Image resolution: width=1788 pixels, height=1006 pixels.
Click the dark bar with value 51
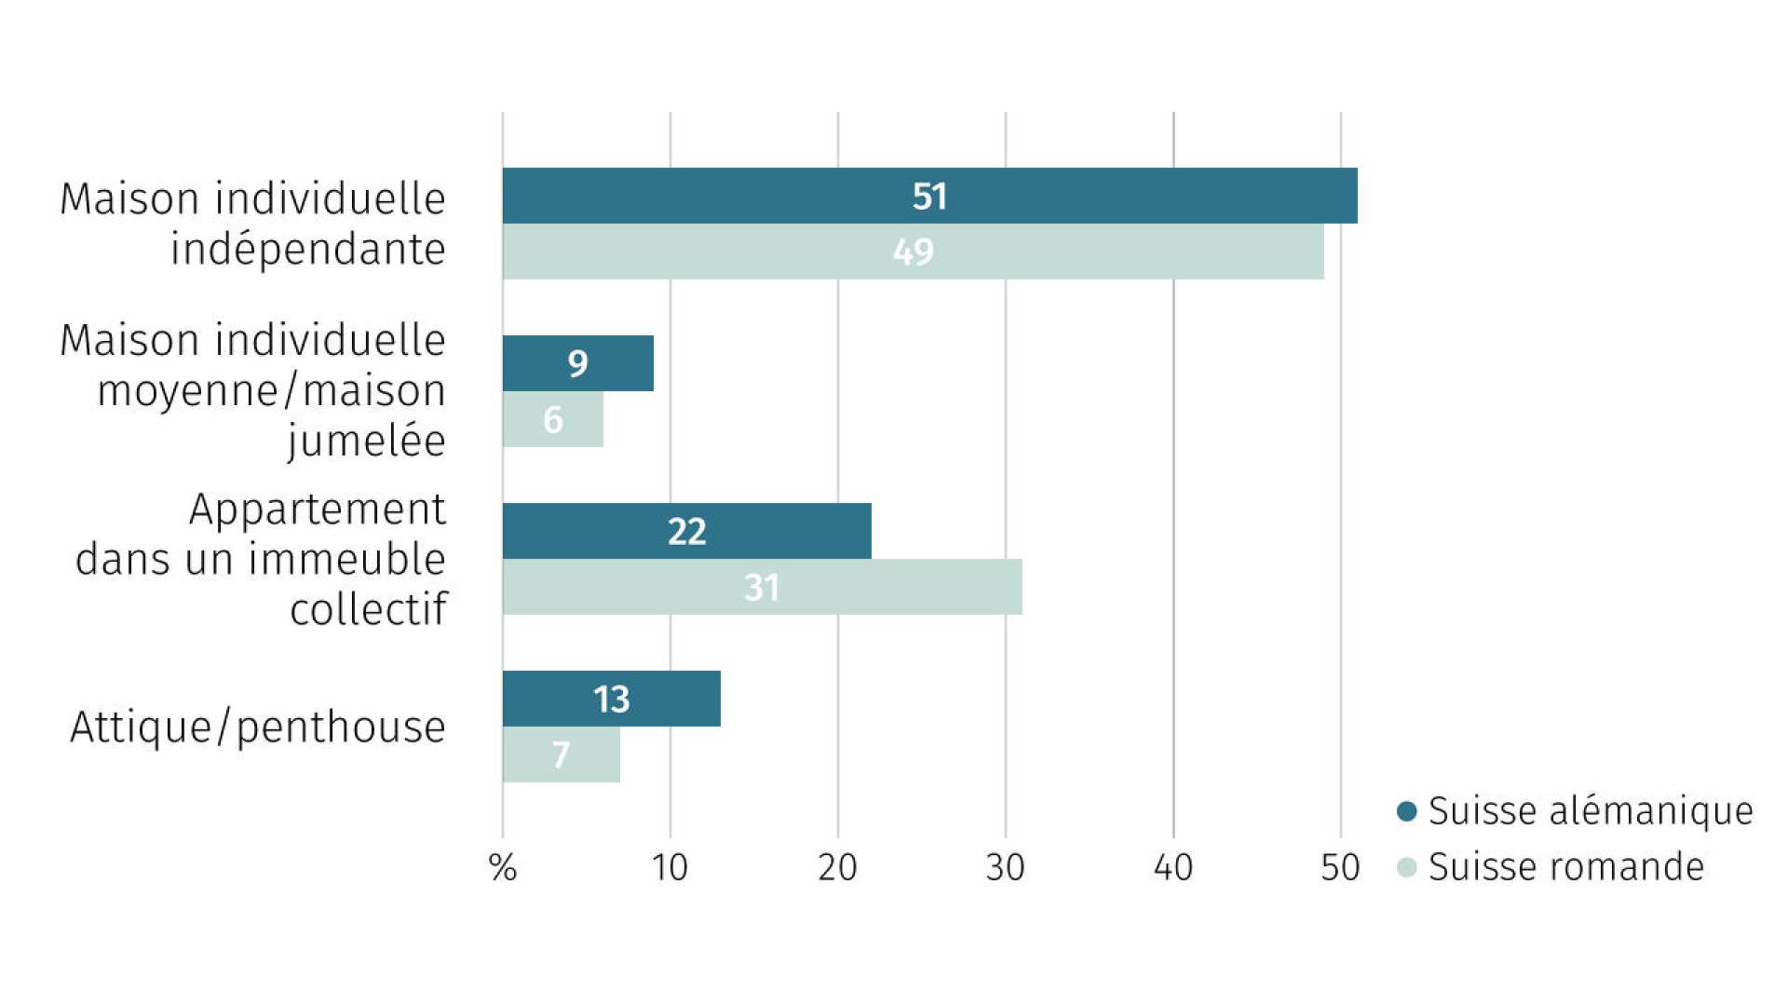tap(929, 196)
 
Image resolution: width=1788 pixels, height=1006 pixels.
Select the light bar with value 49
tap(913, 251)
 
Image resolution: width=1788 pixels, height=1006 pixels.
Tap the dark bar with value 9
tap(578, 363)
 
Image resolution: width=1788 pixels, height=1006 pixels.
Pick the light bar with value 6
tap(553, 419)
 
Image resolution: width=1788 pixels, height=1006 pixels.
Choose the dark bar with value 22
tap(687, 531)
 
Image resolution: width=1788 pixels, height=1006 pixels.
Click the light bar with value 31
tap(763, 587)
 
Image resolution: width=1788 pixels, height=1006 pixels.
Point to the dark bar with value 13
tap(612, 699)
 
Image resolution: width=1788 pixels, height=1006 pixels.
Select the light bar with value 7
tap(562, 754)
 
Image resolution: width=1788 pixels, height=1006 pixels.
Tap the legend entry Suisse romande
tap(1551, 867)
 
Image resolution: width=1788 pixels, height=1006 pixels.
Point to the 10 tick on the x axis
tap(670, 868)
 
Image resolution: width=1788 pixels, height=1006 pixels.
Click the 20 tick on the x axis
tap(837, 868)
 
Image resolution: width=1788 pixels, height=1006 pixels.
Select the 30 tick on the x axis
tap(1005, 868)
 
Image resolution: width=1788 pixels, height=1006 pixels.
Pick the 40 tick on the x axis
tap(1172, 868)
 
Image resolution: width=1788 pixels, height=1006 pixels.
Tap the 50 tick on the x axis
tap(1340, 868)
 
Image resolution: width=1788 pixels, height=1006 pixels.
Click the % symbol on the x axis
tap(503, 868)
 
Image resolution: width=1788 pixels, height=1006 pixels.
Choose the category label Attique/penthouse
tap(258, 727)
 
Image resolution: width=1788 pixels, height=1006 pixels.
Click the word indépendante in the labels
tap(308, 249)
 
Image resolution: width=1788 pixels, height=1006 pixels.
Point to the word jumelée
tap(367, 441)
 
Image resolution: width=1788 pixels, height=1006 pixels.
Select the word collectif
tap(369, 609)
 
